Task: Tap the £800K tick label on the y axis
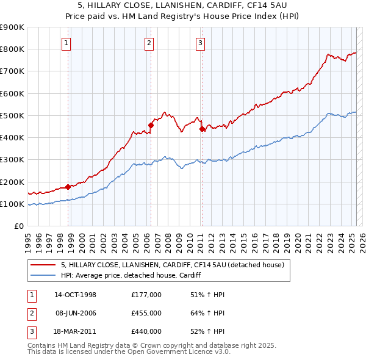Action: (x=12, y=49)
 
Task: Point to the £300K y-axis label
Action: (x=12, y=160)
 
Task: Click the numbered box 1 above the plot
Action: (x=66, y=43)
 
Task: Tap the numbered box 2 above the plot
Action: (x=149, y=43)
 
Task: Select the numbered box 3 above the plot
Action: (x=200, y=43)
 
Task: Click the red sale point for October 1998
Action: (x=68, y=187)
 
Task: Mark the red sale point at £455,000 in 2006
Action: (x=151, y=126)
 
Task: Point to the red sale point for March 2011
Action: (x=202, y=129)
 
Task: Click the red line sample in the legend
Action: (x=44, y=265)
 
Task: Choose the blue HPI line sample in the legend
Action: (x=44, y=276)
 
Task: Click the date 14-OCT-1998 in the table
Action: (x=76, y=295)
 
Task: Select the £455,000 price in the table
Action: (x=146, y=313)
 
